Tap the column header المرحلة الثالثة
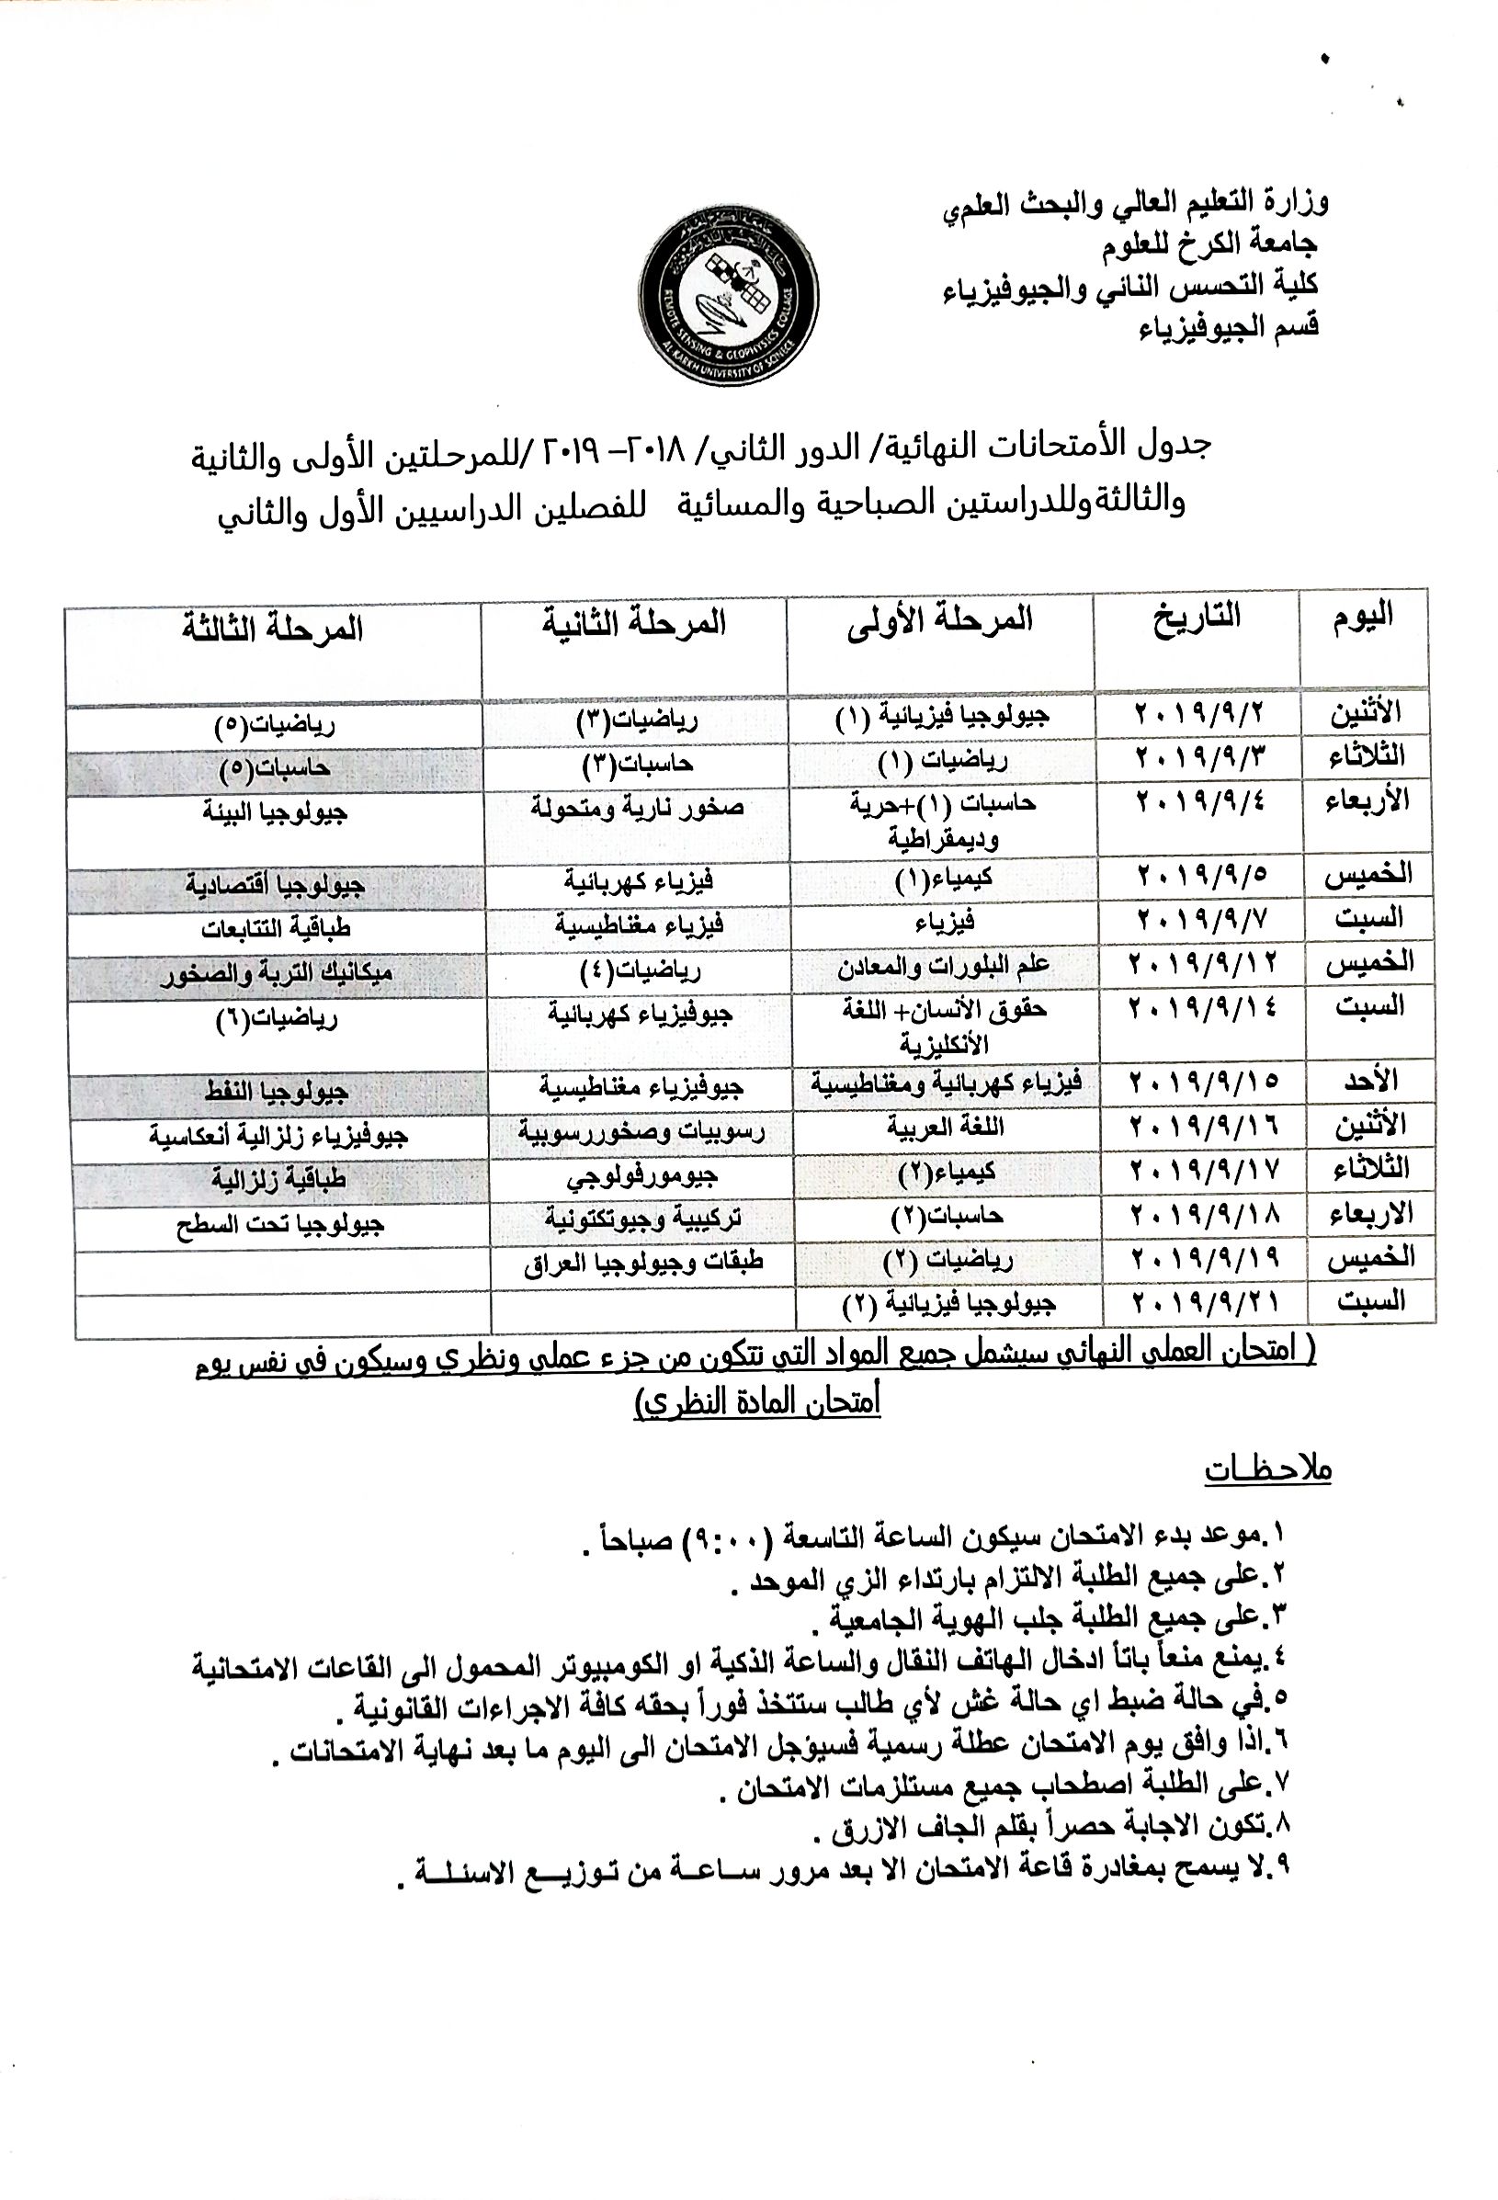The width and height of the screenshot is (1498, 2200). point(273,629)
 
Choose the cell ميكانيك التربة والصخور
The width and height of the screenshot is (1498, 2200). point(276,972)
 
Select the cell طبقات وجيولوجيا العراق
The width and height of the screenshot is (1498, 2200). point(644,1263)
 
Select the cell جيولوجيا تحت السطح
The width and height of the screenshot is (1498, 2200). point(280,1225)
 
